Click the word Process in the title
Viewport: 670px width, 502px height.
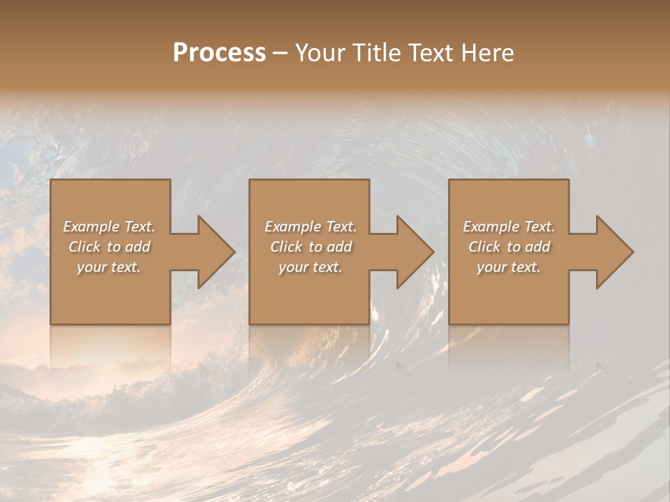[219, 53]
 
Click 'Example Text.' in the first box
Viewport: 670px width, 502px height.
[109, 227]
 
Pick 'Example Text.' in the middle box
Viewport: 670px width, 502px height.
[311, 227]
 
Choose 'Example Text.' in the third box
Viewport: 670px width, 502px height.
[509, 227]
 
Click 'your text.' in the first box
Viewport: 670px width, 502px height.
[109, 267]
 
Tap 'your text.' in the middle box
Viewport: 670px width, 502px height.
[311, 267]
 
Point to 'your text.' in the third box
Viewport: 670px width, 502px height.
[509, 267]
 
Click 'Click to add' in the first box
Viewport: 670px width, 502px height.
[109, 247]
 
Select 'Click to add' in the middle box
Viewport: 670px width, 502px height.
[311, 247]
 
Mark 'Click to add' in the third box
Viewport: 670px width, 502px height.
[509, 247]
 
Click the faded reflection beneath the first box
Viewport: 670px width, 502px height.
[110, 345]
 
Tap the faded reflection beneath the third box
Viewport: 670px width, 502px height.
[509, 345]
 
